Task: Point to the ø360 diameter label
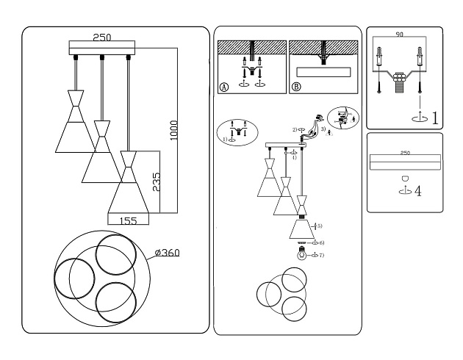(x=168, y=253)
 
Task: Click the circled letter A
(x=223, y=87)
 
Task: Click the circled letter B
(x=296, y=87)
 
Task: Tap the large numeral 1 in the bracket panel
(x=434, y=118)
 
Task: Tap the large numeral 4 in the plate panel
(x=417, y=191)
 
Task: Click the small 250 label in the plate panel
(x=404, y=154)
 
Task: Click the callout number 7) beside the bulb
(x=321, y=255)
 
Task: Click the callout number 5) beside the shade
(x=319, y=226)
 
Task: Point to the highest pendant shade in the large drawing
(x=74, y=121)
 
